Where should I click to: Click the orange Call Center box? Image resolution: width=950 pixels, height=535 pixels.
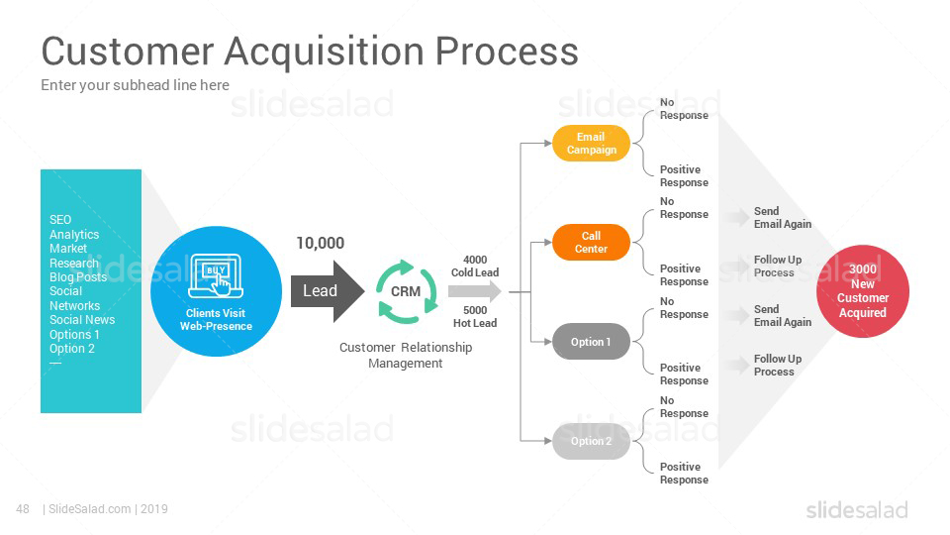(591, 242)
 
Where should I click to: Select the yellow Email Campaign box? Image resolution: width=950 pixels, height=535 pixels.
(591, 143)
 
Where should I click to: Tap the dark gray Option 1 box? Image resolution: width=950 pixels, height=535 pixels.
(591, 342)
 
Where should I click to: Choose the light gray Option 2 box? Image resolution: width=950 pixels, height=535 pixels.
(591, 441)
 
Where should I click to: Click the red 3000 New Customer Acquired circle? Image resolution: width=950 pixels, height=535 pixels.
(863, 291)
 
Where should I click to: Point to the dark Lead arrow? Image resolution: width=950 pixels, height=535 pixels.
(328, 291)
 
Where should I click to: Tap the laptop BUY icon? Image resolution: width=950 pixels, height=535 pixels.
(216, 276)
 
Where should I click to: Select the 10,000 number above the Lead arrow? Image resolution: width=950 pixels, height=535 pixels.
(320, 244)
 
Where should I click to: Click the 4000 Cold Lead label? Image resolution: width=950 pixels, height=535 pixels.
(475, 267)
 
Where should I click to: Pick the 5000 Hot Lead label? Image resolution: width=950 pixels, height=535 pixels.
(475, 317)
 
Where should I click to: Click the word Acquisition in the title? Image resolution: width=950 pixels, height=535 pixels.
(325, 51)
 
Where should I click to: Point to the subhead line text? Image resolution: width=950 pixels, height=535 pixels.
(136, 85)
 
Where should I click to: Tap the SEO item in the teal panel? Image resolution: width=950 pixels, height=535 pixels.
(60, 220)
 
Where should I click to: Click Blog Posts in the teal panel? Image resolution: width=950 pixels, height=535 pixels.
(78, 277)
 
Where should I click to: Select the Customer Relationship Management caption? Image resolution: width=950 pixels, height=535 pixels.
(406, 355)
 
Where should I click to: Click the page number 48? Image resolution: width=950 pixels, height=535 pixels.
(23, 509)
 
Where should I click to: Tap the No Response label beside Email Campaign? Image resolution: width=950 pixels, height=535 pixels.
(684, 109)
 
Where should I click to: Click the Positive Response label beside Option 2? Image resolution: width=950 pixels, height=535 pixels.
(684, 474)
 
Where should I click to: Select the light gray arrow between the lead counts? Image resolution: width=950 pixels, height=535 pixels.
(475, 291)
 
